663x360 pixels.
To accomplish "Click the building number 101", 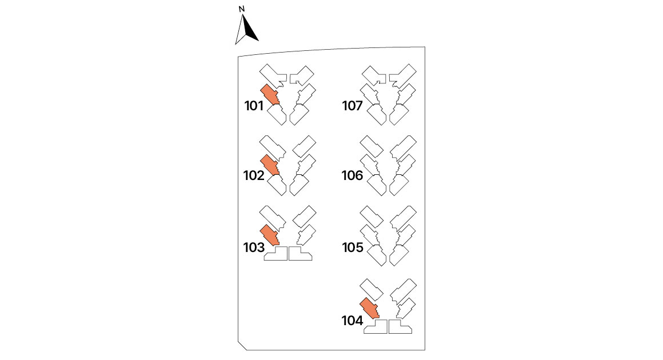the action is (x=254, y=106).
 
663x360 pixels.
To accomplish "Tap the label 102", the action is (x=254, y=175).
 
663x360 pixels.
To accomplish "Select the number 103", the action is (x=254, y=247).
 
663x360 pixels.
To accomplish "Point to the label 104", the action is (x=352, y=321).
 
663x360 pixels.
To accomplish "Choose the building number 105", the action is (x=353, y=247).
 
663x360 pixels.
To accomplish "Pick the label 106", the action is (x=352, y=175).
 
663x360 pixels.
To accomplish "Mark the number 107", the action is (x=352, y=106).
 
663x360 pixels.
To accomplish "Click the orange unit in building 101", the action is (x=269, y=94).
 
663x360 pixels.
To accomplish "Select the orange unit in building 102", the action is (x=269, y=165).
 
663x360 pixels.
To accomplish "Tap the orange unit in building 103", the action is (x=269, y=235).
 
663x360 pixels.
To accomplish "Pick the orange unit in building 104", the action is (x=369, y=308).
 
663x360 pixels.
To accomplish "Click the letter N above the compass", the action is (x=242, y=9).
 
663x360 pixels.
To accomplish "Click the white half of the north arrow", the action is (x=240, y=31).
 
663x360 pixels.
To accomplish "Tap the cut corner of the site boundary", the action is (x=242, y=346).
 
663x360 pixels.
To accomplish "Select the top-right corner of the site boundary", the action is (x=425, y=47).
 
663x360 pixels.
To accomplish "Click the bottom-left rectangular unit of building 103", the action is (x=275, y=254).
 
